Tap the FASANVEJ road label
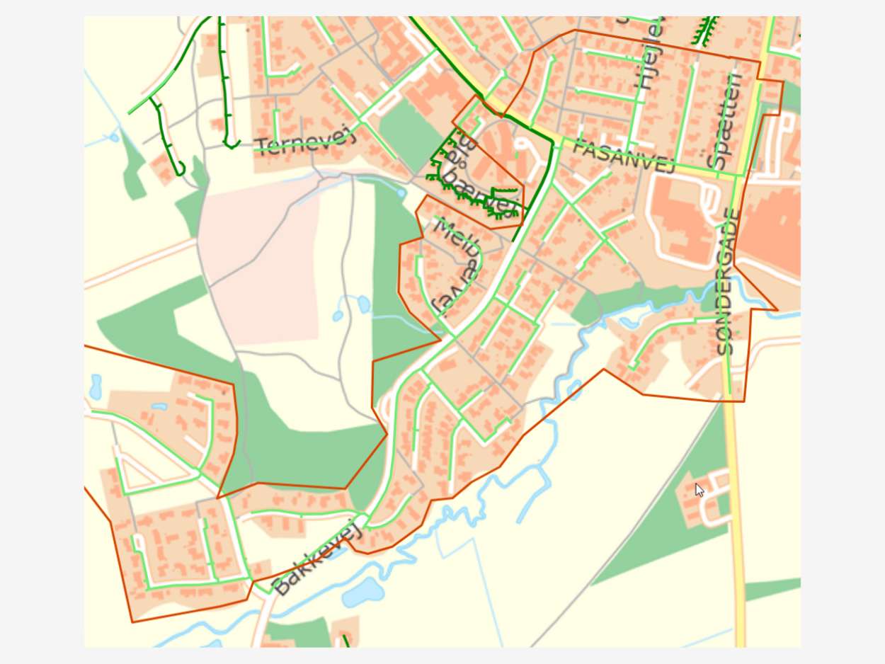(622, 156)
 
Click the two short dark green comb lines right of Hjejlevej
(704, 32)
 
